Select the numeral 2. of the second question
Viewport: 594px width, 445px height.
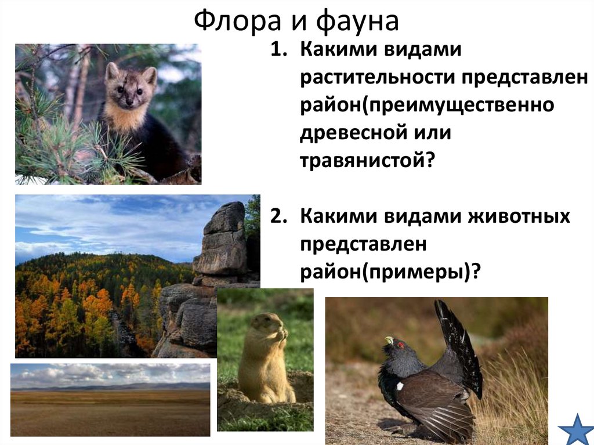coord(279,218)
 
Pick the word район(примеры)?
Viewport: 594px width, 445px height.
coord(391,272)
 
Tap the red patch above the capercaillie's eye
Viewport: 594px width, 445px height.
coord(400,343)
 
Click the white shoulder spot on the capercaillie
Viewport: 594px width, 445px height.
coord(400,385)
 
